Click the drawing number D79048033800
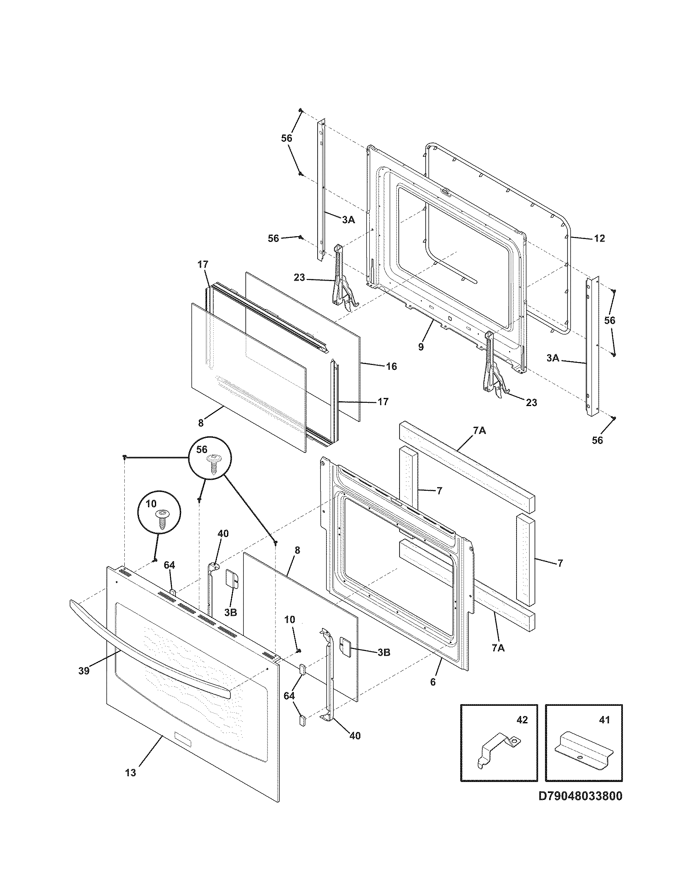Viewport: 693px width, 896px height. point(580,796)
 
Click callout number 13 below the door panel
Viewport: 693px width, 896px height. point(130,773)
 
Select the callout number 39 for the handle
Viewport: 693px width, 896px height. point(84,671)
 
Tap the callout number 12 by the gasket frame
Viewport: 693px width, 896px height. point(599,238)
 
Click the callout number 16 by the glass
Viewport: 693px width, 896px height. point(392,367)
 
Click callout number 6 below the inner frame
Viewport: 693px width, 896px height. point(433,682)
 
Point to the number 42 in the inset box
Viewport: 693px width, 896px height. point(522,720)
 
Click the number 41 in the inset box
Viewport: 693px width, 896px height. point(605,720)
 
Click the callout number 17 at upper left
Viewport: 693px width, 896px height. point(203,265)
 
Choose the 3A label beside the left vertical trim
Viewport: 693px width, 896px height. point(348,220)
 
